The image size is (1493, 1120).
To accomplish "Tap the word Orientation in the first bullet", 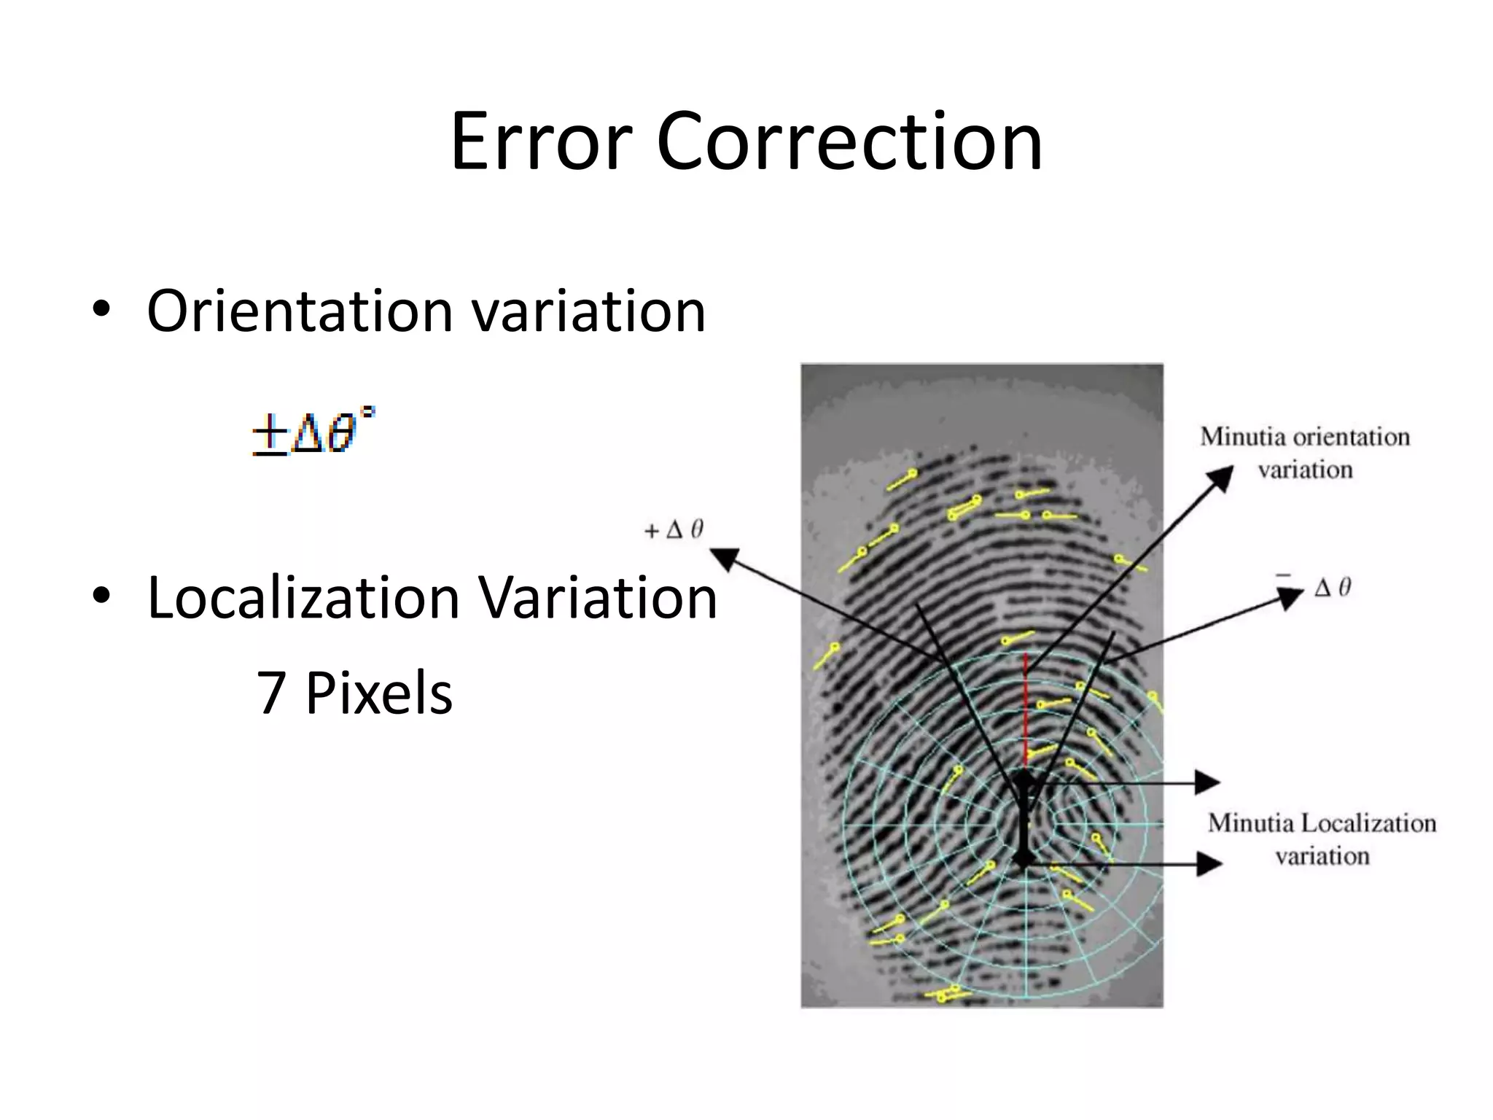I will (x=300, y=311).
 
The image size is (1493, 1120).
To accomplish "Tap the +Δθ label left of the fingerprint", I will (x=674, y=530).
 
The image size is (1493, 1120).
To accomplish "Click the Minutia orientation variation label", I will (x=1305, y=453).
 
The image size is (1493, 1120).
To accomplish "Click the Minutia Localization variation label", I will (x=1322, y=839).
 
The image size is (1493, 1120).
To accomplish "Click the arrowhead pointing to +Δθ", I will (x=724, y=559).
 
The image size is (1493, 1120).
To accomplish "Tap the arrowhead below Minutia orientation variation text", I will (x=1220, y=478).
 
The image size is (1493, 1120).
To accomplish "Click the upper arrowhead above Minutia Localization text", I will (x=1209, y=782).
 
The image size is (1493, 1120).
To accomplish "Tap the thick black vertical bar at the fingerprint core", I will (x=1024, y=820).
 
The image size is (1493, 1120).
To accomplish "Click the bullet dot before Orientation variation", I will (x=101, y=311).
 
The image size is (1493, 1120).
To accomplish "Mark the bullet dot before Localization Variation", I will (x=101, y=596).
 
